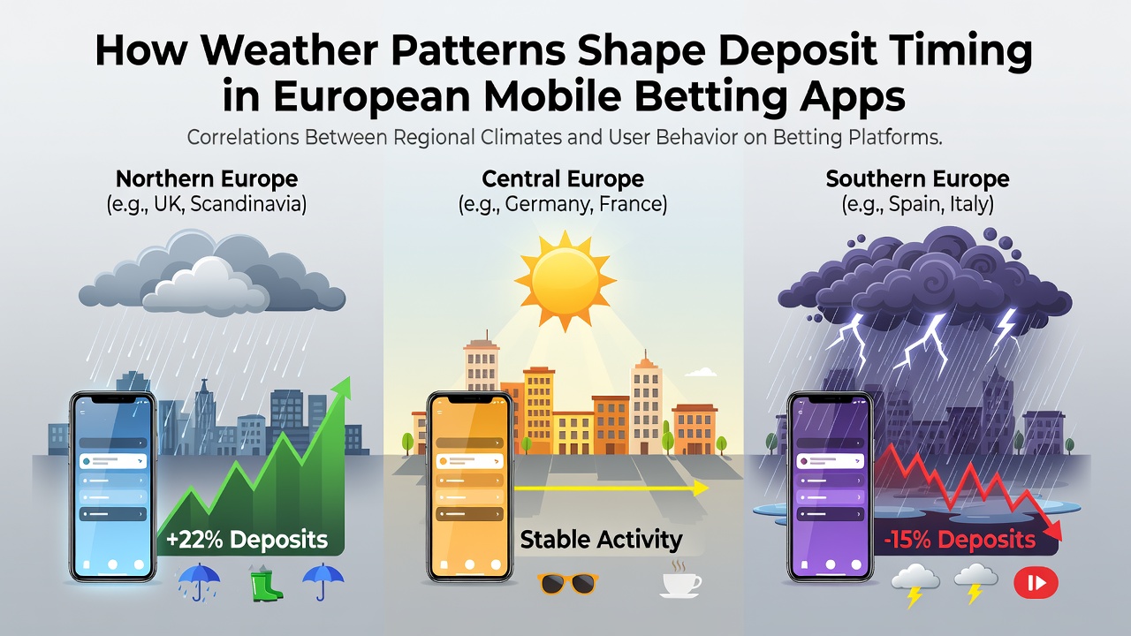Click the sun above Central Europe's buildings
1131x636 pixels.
click(565, 280)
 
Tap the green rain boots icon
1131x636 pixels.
click(266, 583)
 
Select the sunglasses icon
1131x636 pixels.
click(568, 584)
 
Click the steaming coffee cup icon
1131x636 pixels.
click(680, 580)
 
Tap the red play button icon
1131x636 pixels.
click(1036, 582)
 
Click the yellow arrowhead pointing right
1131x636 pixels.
click(701, 488)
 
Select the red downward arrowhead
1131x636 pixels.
click(1051, 530)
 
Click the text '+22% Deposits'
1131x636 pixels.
click(247, 540)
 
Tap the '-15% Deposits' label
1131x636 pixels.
click(960, 540)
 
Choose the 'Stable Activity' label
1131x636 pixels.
click(601, 540)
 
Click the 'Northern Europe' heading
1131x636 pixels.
click(207, 178)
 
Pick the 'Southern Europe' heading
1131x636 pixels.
click(917, 178)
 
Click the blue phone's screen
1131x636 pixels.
click(113, 486)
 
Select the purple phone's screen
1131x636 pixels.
click(830, 486)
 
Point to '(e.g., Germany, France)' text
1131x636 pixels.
click(563, 204)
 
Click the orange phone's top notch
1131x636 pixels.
click(470, 399)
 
